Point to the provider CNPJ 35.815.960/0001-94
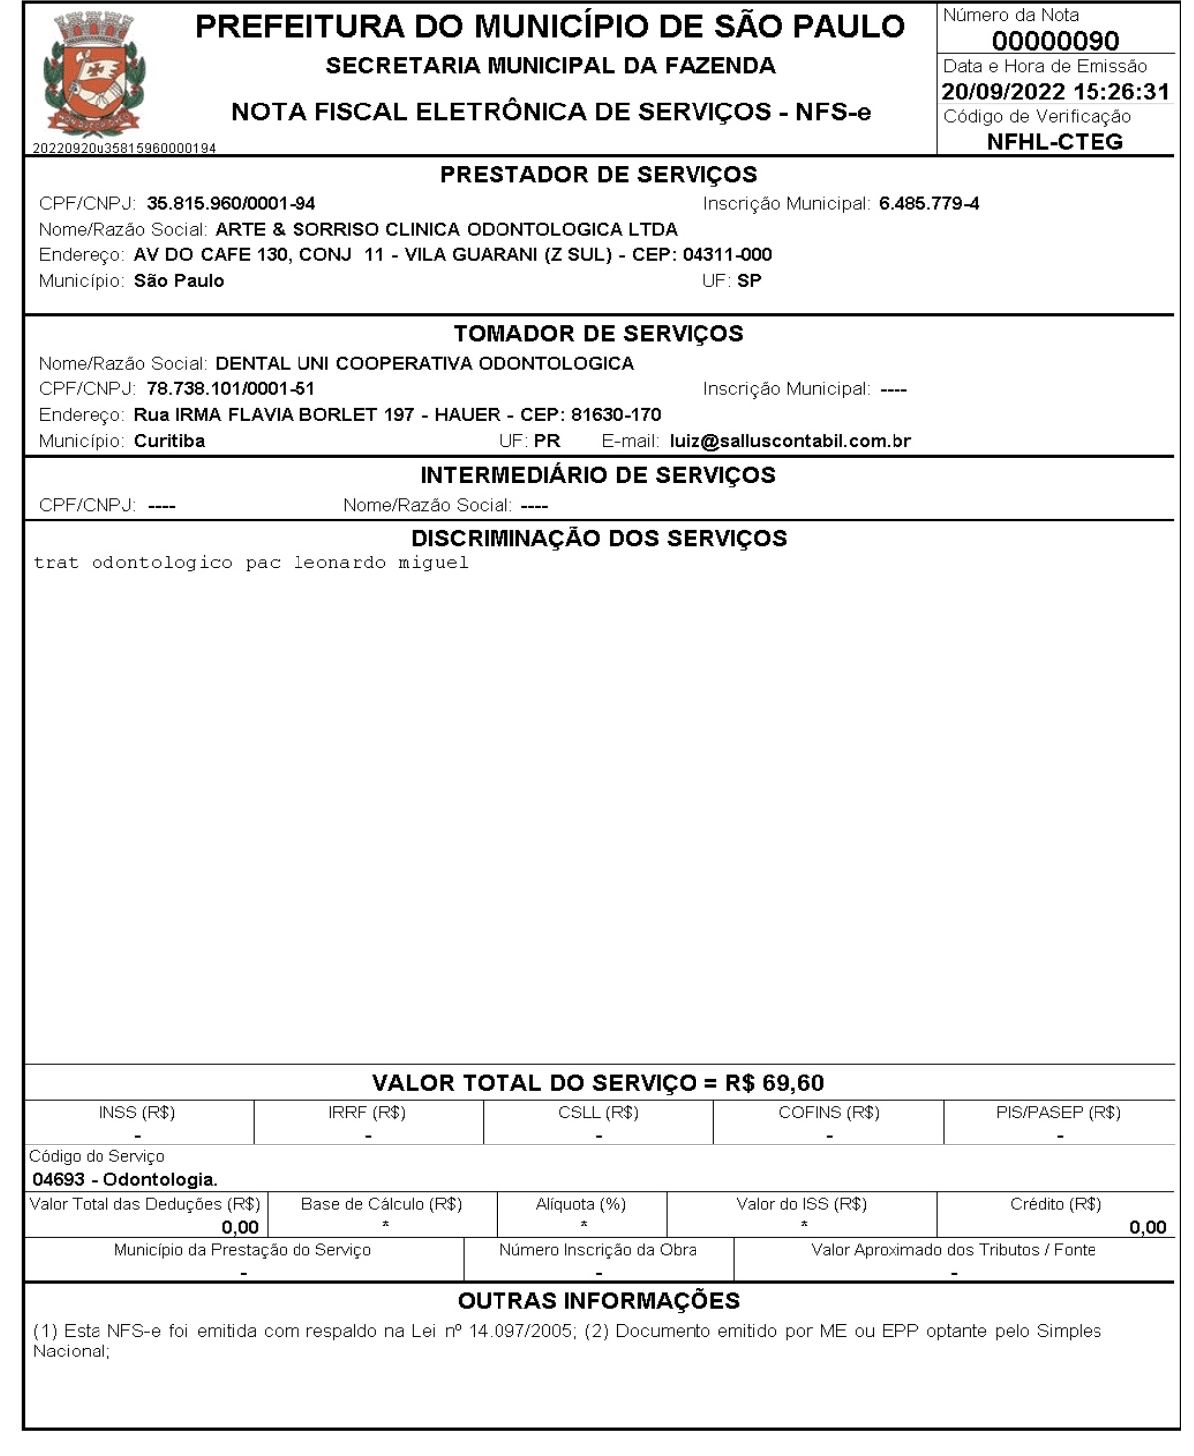pyautogui.click(x=231, y=204)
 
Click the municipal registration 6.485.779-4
pyautogui.click(x=928, y=204)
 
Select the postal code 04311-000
pyautogui.click(x=726, y=255)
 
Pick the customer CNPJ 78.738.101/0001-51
pyautogui.click(x=231, y=389)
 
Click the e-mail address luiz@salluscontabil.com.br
pyautogui.click(x=790, y=441)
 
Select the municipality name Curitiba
pyautogui.click(x=169, y=441)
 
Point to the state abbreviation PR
pyautogui.click(x=547, y=441)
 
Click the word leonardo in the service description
pyautogui.click(x=338, y=563)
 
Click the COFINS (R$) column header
pyautogui.click(x=828, y=1113)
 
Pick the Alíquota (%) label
pyautogui.click(x=581, y=1204)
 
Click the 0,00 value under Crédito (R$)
pyautogui.click(x=1147, y=1228)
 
